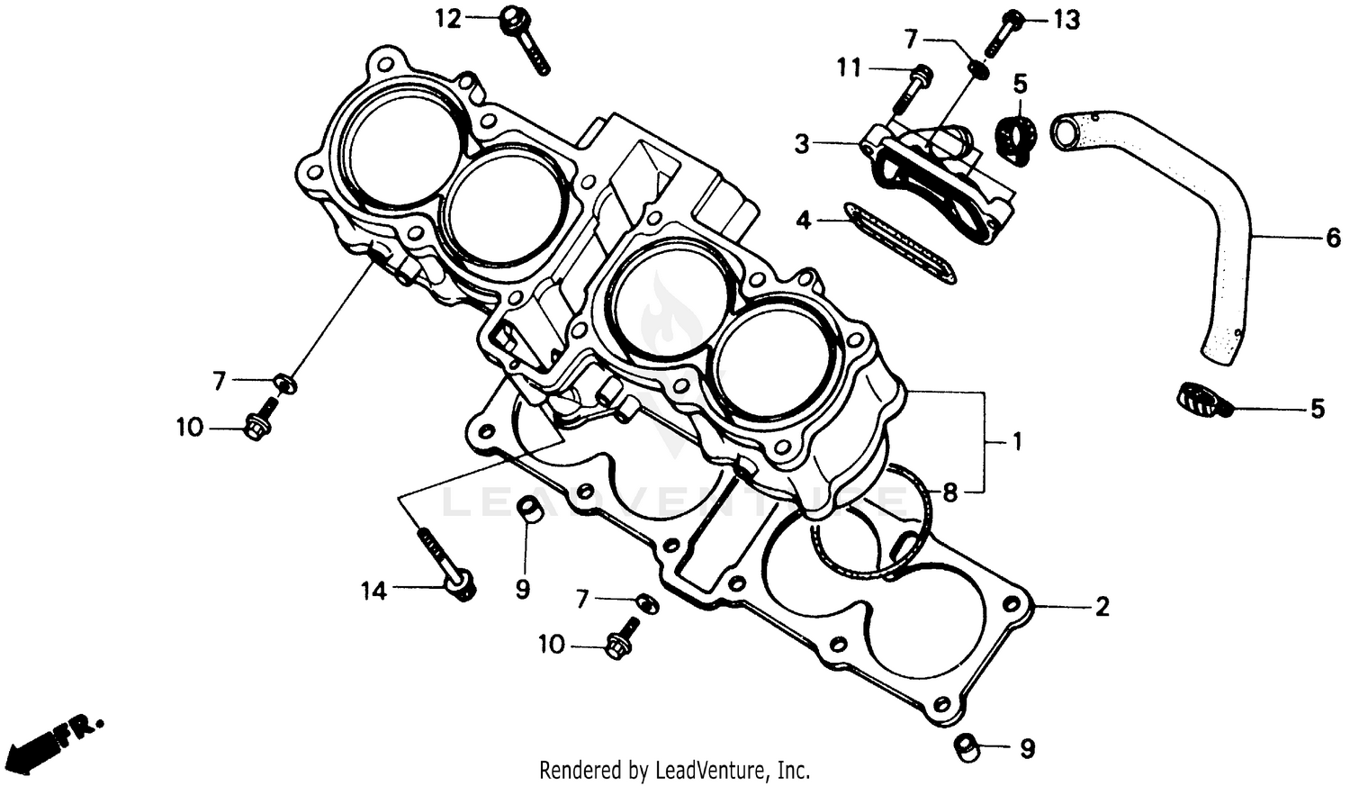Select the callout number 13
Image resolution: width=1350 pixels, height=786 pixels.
[1066, 19]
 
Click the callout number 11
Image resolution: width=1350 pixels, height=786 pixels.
[849, 68]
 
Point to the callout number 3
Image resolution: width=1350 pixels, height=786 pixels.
[802, 143]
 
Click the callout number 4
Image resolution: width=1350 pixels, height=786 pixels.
[804, 219]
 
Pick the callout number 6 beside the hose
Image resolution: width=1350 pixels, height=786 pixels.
[1333, 238]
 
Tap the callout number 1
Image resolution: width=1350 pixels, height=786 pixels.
[1017, 442]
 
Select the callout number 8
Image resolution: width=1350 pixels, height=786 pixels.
[950, 492]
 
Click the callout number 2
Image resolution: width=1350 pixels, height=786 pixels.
[1102, 607]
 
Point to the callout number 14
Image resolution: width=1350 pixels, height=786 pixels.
[373, 591]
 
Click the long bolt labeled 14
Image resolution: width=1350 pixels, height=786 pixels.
[445, 563]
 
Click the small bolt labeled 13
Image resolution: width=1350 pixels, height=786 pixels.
[1003, 31]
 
